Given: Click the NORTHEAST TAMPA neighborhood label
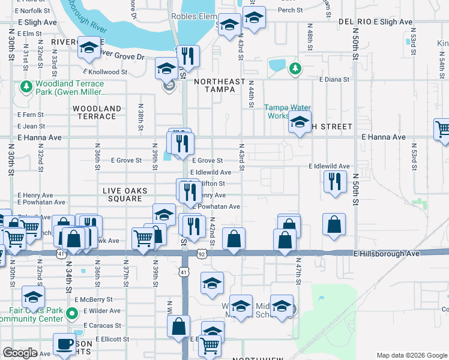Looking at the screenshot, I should pyautogui.click(x=220, y=85).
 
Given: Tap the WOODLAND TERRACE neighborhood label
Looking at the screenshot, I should pyautogui.click(x=97, y=112).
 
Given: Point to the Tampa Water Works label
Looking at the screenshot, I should pyautogui.click(x=288, y=112).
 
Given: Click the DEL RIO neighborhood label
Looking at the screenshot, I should pyautogui.click(x=354, y=22).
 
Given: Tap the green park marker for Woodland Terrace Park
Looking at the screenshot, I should pyautogui.click(x=26, y=87).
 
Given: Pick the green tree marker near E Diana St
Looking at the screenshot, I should pyautogui.click(x=295, y=69).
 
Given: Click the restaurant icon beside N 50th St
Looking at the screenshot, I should pyautogui.click(x=335, y=181).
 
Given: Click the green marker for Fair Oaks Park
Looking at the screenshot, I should pyautogui.click(x=71, y=313).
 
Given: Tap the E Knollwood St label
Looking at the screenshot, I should pyautogui.click(x=107, y=71).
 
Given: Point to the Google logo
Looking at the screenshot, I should pyautogui.click(x=20, y=353).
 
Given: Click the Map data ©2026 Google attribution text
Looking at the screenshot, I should pyautogui.click(x=411, y=355).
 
